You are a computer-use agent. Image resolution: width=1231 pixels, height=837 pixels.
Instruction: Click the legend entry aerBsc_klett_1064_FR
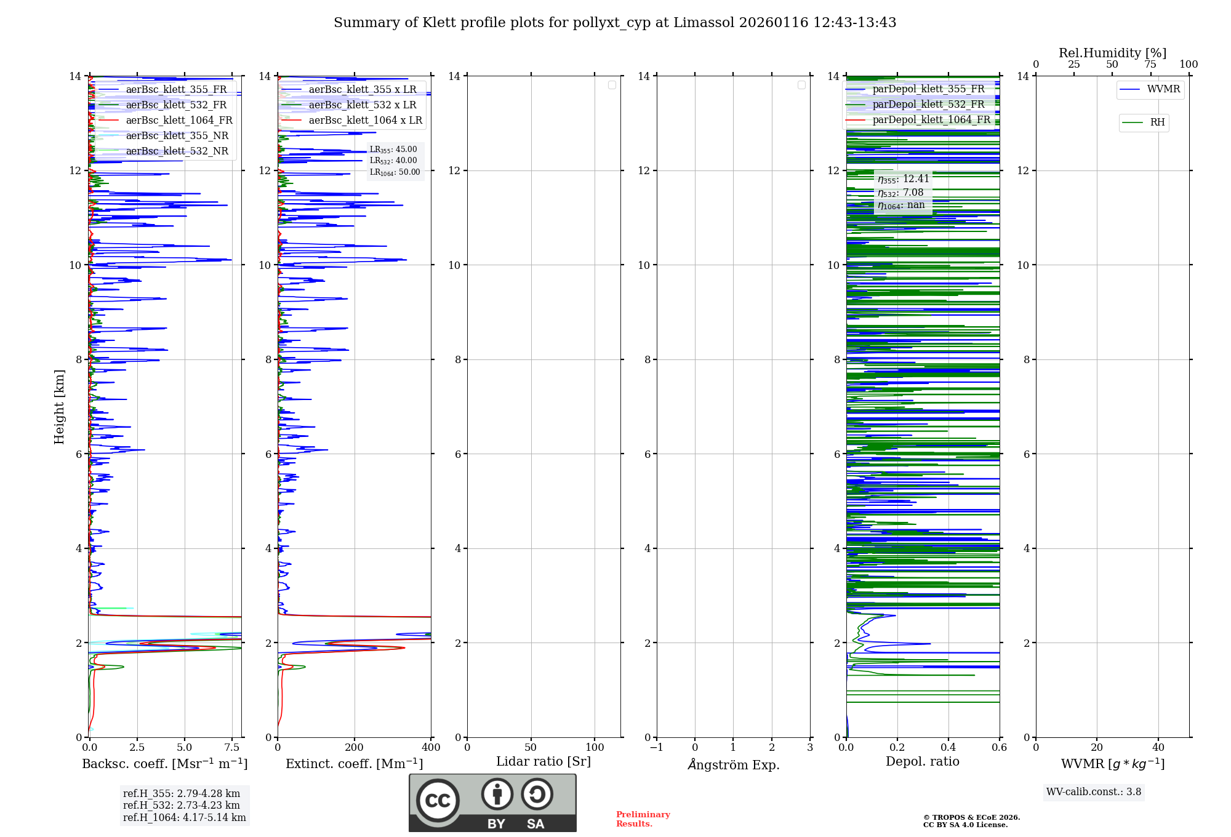pos(178,121)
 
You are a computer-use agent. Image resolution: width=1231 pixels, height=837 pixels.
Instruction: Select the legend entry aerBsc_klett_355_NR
pos(177,136)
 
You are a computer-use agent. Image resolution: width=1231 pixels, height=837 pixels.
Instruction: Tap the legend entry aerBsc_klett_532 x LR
pos(362,105)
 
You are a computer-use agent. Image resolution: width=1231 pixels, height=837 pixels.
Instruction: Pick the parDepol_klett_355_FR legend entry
pos(928,89)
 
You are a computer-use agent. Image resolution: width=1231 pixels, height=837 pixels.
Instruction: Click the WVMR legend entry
pos(1163,89)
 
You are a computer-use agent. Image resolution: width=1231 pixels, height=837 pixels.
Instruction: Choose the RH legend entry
pos(1157,122)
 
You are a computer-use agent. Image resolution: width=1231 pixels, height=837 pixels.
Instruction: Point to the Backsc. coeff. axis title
pos(165,764)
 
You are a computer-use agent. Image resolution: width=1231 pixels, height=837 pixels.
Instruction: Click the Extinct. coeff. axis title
pos(355,764)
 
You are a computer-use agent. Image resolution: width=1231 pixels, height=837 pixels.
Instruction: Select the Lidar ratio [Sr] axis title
pos(543,762)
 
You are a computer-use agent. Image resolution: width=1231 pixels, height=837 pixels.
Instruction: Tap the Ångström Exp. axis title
pos(733,765)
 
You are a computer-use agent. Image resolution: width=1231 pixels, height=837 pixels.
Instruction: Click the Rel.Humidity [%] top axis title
pos(1112,53)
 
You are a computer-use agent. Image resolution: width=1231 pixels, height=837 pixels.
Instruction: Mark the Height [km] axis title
pos(59,407)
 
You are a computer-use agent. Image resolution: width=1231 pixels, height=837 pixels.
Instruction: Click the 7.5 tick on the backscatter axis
pos(232,747)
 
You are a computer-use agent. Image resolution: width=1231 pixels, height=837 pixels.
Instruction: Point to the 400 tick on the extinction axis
pos(431,747)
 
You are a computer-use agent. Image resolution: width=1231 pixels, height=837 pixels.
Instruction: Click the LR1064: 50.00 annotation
pos(395,172)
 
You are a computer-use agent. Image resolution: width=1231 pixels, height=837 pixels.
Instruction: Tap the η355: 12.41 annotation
pos(903,179)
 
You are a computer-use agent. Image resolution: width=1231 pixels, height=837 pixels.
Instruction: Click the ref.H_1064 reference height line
pos(184,818)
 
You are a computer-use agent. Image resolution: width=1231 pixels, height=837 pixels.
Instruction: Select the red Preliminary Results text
pos(643,819)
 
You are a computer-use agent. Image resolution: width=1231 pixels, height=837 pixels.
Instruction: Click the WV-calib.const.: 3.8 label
pos(1094,792)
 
